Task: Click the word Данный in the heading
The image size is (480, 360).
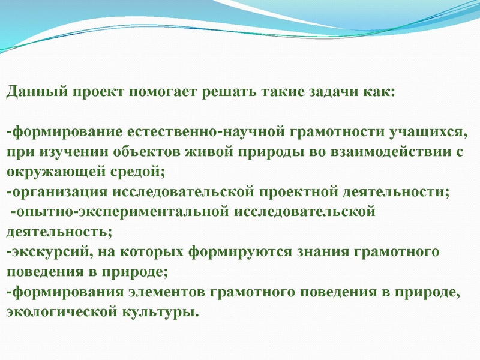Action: click(x=37, y=92)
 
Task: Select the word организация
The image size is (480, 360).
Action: click(x=58, y=192)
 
